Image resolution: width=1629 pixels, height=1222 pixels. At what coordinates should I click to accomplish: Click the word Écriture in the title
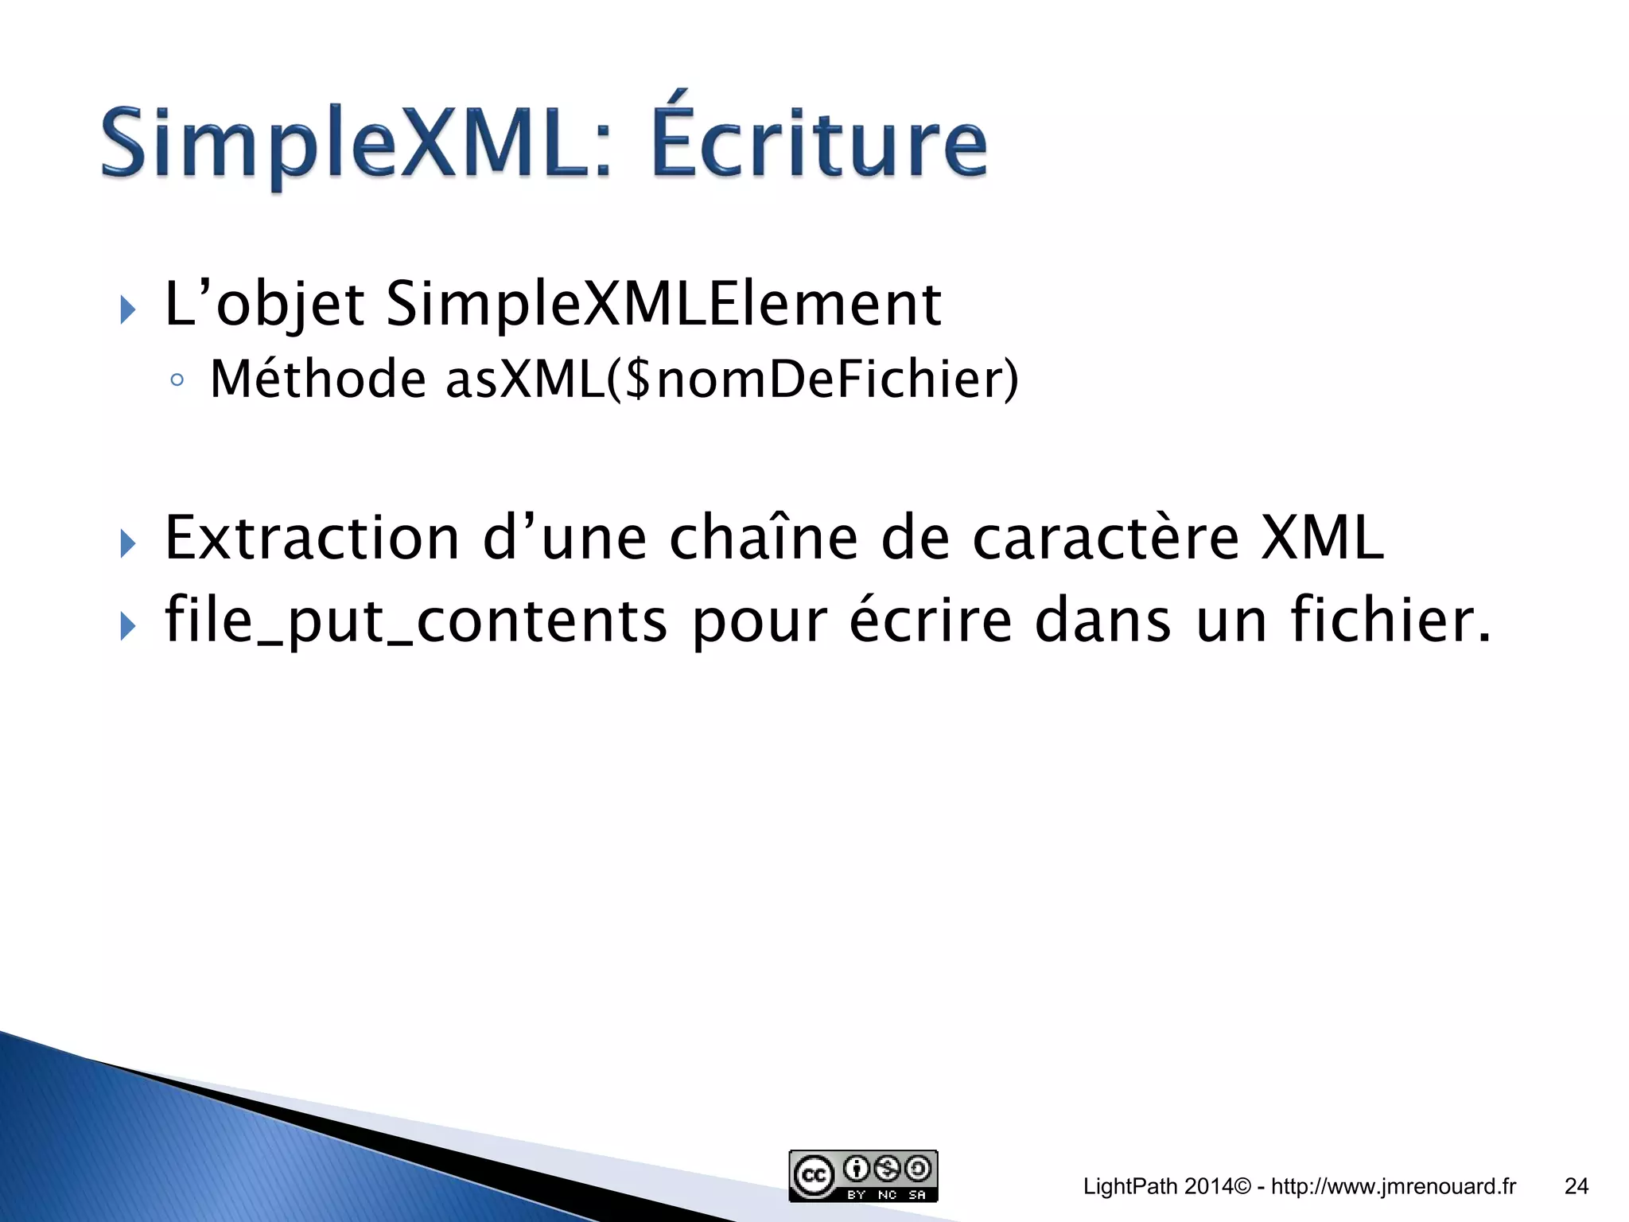819,143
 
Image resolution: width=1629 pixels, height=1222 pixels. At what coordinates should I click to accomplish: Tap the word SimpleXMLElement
663,304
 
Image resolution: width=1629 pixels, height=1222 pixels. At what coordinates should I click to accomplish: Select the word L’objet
264,305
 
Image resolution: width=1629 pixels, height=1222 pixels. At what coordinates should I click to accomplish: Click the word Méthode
318,379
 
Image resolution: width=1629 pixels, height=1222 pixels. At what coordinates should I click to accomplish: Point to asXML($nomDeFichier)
732,379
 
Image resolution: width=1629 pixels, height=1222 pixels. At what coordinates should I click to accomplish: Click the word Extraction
313,539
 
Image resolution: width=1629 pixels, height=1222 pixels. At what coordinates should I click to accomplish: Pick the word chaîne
764,539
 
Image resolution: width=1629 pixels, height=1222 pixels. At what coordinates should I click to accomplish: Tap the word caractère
1106,539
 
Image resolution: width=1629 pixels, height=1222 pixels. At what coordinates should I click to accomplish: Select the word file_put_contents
415,621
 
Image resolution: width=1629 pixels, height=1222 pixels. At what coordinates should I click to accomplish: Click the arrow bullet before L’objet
127,309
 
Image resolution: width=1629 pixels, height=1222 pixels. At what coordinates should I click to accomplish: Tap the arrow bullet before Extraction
127,544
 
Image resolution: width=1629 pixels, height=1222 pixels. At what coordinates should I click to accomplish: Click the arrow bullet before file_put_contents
127,626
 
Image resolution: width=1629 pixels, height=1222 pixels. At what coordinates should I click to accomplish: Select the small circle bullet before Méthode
177,380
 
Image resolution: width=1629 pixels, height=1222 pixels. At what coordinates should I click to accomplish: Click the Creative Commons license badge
863,1175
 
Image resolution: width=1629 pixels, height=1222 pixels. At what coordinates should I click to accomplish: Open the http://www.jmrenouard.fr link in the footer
1394,1186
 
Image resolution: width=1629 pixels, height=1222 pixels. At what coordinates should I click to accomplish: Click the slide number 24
1576,1186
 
